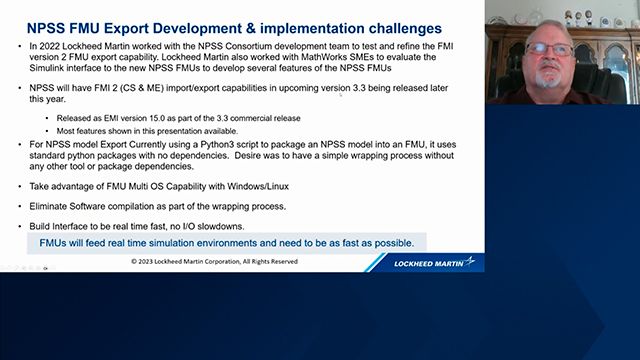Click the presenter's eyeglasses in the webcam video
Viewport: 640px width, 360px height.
(549, 49)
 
